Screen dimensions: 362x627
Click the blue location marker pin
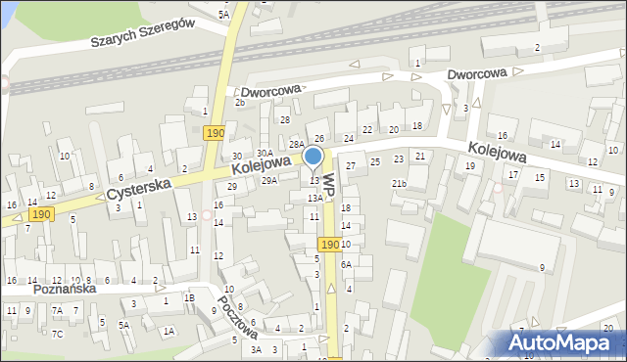pos(313,158)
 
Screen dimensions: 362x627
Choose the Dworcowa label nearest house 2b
pos(270,90)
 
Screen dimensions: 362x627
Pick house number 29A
pos(269,180)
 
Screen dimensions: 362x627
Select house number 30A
pos(265,153)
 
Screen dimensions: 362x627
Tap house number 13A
pos(314,198)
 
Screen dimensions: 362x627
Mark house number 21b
pos(399,183)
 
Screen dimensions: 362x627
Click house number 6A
pos(346,264)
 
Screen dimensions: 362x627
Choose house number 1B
pos(190,297)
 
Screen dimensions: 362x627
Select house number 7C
pos(58,336)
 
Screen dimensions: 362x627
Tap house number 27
pos(350,166)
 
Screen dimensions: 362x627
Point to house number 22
pos(367,129)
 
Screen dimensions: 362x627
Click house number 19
pos(470,166)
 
